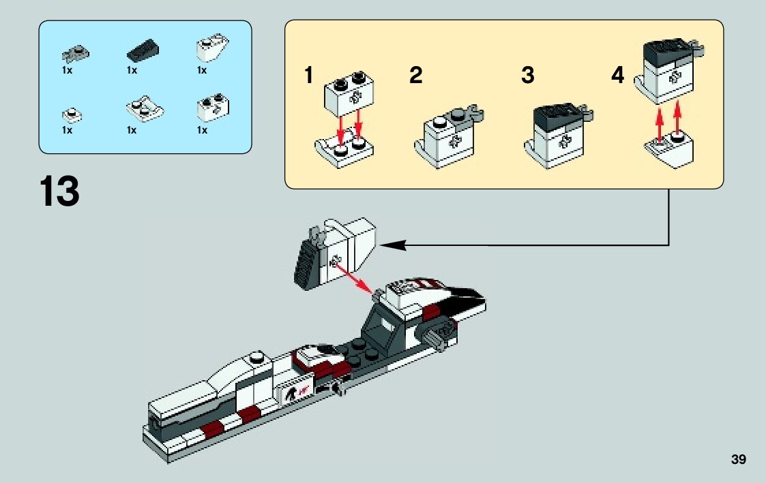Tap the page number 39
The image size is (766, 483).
(738, 460)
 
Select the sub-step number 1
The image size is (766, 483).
(309, 76)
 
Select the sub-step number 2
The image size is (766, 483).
(415, 76)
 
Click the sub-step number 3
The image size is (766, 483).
(527, 76)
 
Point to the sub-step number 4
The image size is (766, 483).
(617, 76)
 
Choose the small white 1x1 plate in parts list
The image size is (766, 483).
(70, 114)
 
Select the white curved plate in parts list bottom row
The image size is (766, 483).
(145, 109)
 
